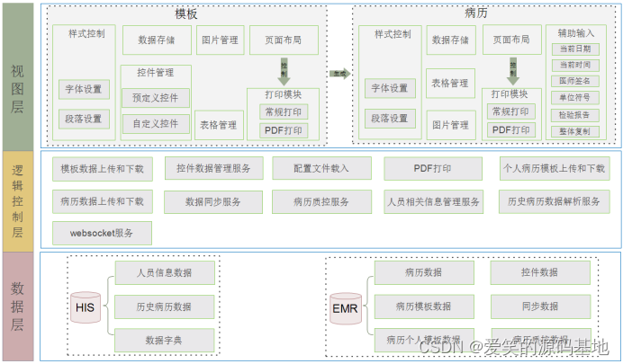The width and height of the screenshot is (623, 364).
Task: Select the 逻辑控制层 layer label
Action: click(18, 196)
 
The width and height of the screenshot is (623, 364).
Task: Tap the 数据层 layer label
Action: click(18, 306)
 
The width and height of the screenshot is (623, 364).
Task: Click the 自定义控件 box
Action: click(156, 123)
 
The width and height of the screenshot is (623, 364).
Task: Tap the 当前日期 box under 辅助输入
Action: click(574, 49)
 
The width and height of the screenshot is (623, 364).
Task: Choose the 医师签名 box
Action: click(574, 81)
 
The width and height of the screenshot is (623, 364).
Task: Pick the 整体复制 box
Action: click(574, 131)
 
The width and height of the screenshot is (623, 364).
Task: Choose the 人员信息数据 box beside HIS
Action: click(164, 272)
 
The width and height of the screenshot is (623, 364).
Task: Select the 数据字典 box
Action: click(164, 341)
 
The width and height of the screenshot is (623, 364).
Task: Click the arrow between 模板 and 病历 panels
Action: click(339, 75)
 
